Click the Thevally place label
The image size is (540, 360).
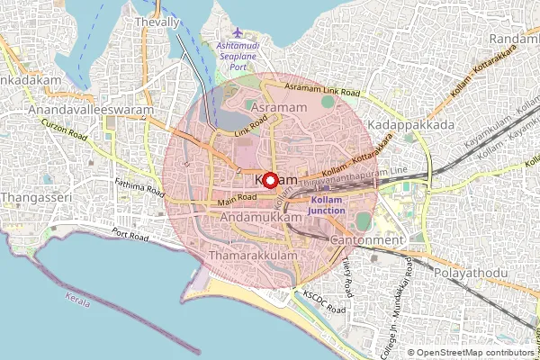point(156,21)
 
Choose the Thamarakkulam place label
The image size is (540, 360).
point(245,256)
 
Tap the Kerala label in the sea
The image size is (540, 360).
point(78,301)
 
